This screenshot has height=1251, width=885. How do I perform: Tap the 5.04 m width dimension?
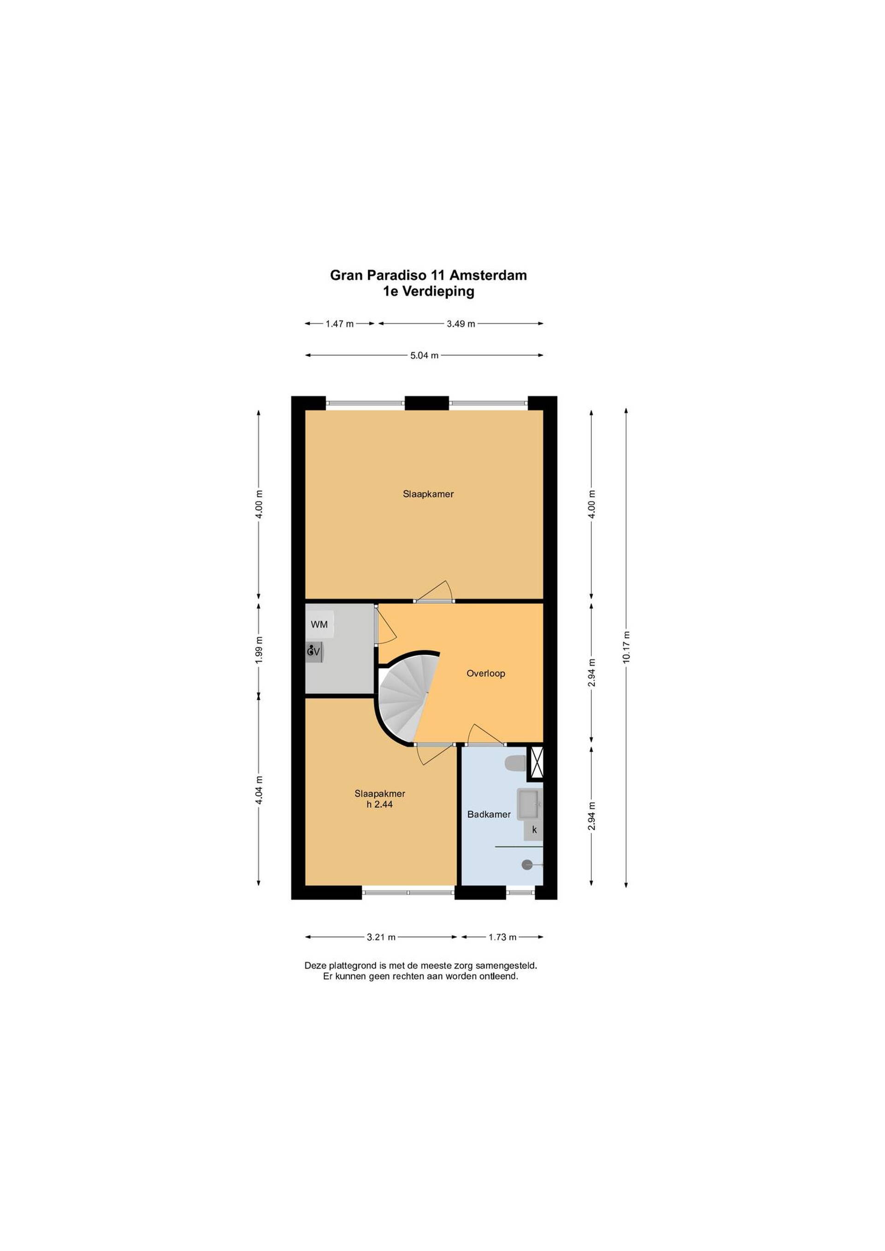pos(425,356)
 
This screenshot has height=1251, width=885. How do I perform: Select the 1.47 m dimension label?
pos(340,323)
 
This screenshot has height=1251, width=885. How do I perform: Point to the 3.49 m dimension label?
pos(461,323)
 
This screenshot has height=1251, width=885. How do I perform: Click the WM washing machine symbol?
pos(319,624)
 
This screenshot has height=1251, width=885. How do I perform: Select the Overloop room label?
pos(485,674)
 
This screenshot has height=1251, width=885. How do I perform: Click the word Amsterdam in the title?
pos(488,275)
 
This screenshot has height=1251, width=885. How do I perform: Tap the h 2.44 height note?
pos(380,804)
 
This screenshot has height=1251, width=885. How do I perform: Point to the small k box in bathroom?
pos(534,830)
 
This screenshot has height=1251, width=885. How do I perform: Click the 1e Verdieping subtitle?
pos(428,292)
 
